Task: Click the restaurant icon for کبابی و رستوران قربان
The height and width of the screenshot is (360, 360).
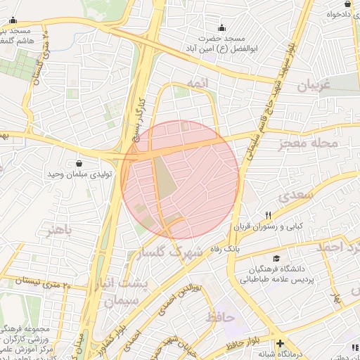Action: pos(267,216)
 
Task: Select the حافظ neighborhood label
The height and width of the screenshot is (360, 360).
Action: pos(220,317)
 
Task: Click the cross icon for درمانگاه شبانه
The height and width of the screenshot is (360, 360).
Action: pos(281,344)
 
